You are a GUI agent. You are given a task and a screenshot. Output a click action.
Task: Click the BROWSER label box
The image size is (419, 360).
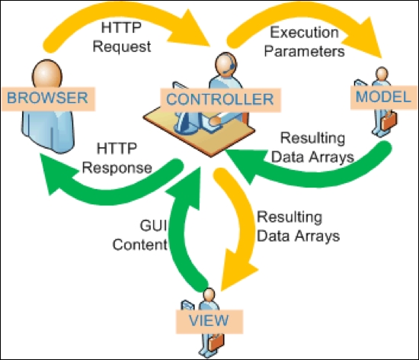(48, 98)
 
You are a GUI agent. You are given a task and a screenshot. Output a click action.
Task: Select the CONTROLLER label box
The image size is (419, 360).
(220, 100)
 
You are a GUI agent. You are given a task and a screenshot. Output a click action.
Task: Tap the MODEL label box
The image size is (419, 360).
(384, 98)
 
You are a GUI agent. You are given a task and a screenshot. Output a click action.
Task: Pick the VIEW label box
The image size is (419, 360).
(209, 322)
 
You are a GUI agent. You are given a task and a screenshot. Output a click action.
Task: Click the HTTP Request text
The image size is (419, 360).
(122, 37)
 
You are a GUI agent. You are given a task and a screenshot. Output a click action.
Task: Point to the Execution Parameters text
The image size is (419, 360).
(305, 42)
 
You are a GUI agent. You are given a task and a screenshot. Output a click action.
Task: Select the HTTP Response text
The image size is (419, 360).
(117, 158)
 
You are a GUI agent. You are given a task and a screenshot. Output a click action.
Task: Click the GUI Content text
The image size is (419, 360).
(140, 235)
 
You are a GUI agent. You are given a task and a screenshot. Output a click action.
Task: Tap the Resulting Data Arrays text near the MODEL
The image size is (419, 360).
(312, 147)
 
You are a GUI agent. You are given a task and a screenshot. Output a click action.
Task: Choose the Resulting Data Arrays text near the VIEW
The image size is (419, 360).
(298, 227)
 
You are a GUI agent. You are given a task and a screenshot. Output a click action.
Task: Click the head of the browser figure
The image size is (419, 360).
(47, 73)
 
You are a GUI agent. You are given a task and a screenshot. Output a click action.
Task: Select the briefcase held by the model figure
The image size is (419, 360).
(389, 121)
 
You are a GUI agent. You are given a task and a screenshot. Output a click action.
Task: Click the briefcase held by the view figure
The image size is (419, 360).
(216, 342)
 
